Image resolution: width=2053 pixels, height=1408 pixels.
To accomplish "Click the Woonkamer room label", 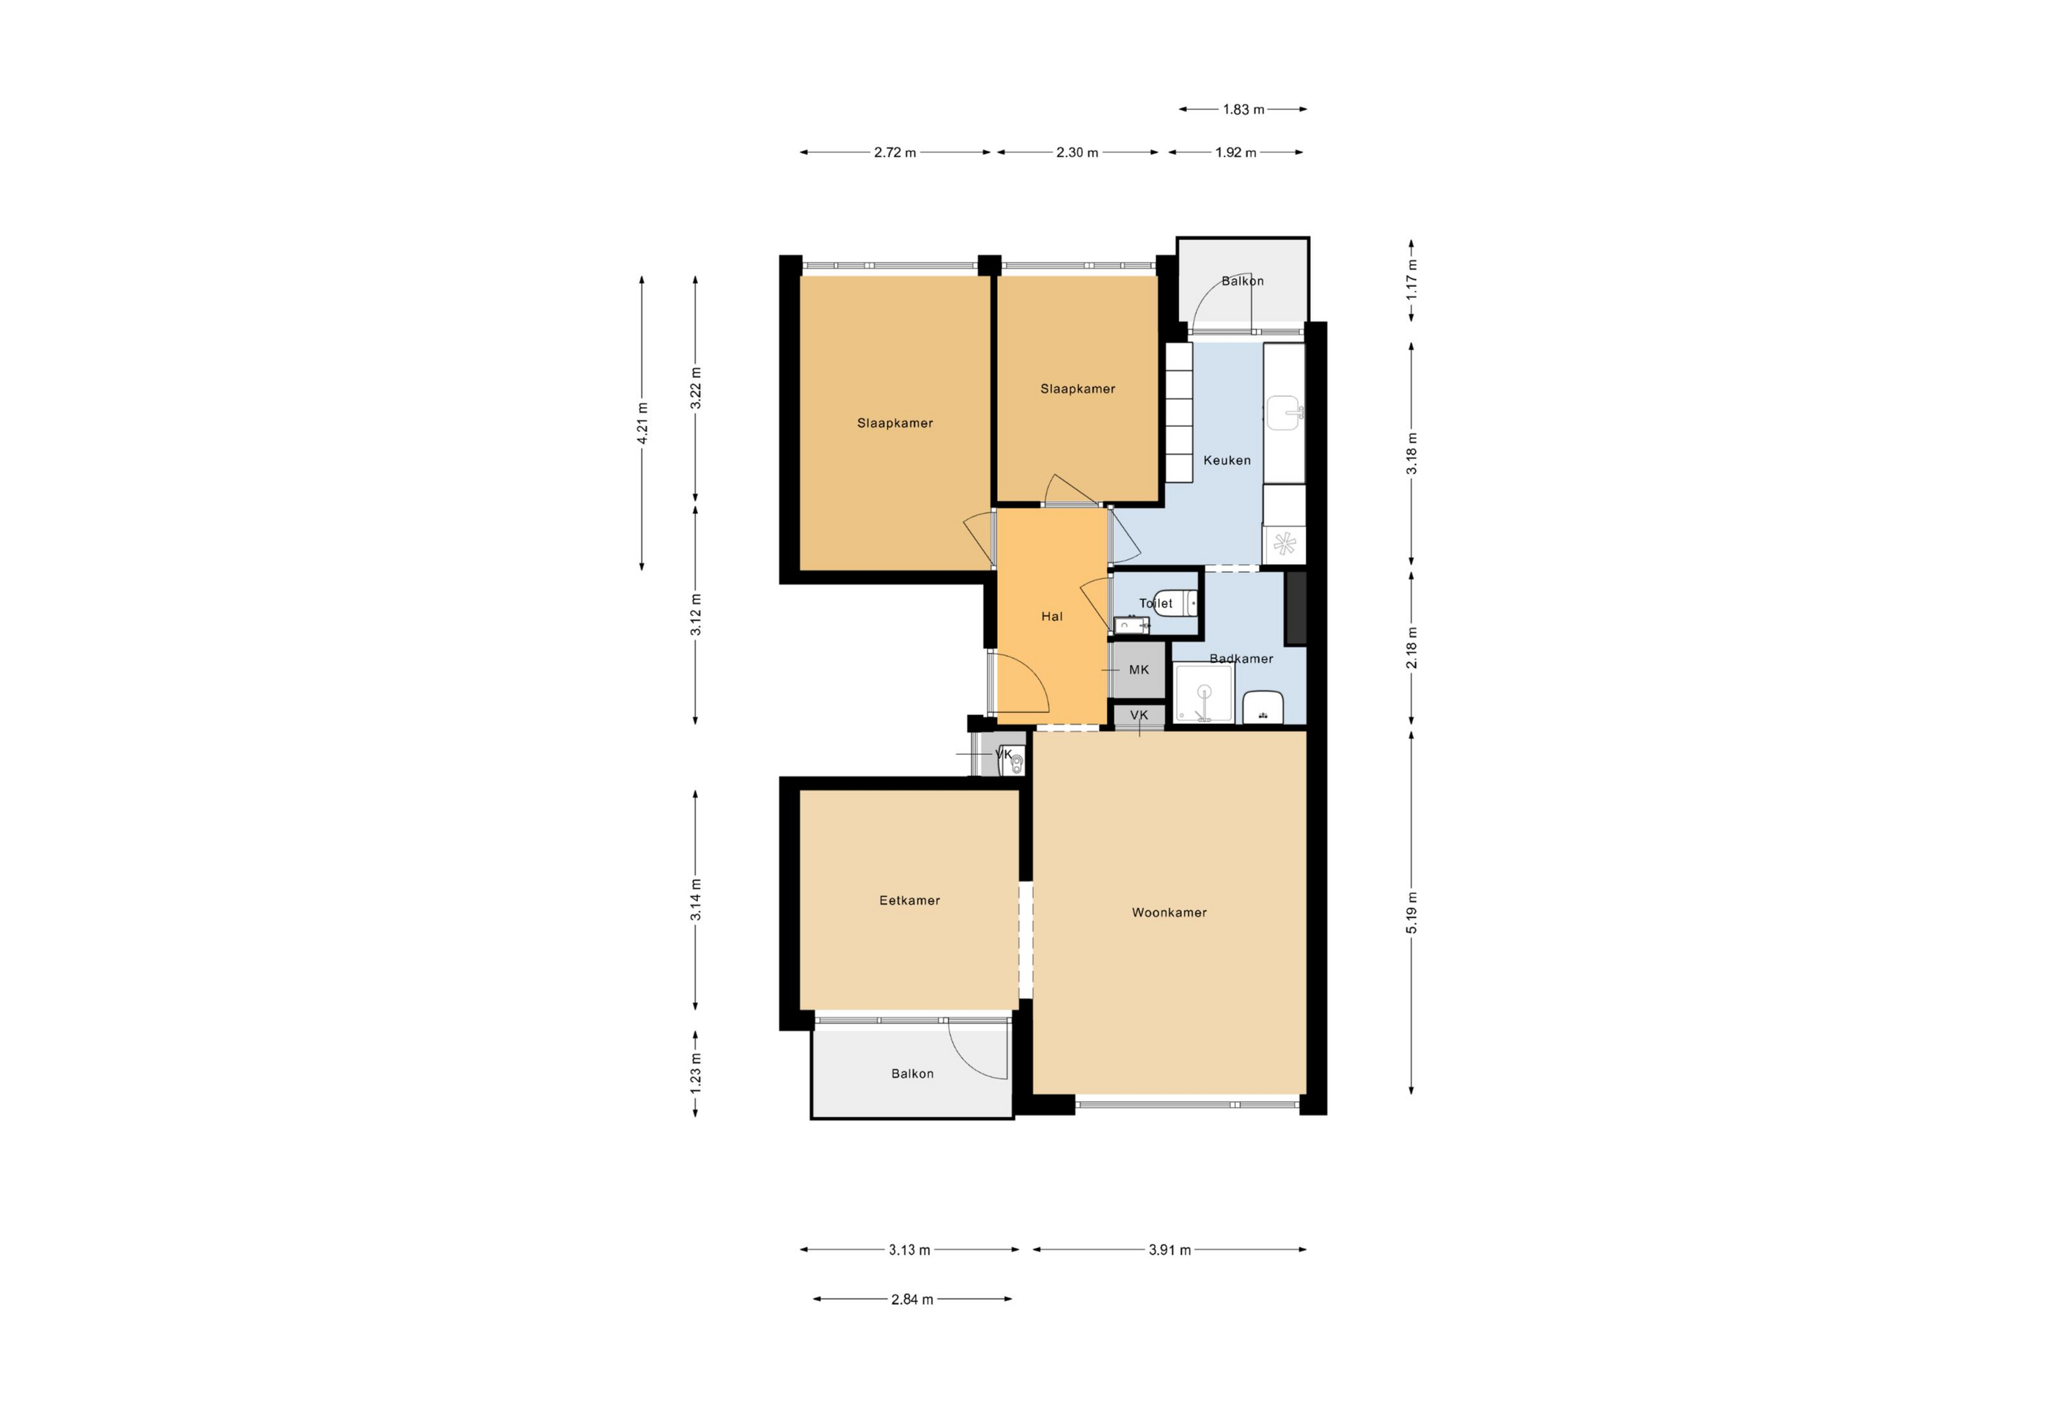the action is click(1169, 912).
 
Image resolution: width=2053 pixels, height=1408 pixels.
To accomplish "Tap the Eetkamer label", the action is click(909, 900).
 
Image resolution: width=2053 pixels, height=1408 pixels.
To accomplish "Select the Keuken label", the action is click(1227, 461).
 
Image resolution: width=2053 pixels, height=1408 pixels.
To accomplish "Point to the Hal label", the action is click(1051, 617).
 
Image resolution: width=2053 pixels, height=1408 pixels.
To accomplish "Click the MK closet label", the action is click(1139, 670).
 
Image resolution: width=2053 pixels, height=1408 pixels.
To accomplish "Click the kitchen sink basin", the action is click(1285, 411).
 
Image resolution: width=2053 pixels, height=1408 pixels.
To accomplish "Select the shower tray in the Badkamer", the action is click(1203, 694).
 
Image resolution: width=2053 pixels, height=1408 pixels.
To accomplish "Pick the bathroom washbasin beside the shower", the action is click(1263, 708).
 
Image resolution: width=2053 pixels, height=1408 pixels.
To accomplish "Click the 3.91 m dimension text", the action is click(1169, 1250).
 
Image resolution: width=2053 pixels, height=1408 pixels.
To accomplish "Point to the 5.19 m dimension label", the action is click(1411, 912).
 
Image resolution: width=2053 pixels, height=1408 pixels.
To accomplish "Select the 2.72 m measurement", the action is click(895, 152).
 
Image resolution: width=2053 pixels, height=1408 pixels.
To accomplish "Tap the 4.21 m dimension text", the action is click(642, 423).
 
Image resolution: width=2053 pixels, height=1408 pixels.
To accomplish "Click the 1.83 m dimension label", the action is click(1244, 109).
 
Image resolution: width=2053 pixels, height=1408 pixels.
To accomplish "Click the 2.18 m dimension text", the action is click(1411, 648).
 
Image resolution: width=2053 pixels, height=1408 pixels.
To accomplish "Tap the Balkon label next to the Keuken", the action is click(1242, 281).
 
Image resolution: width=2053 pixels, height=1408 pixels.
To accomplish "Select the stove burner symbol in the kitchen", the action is click(1285, 544).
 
